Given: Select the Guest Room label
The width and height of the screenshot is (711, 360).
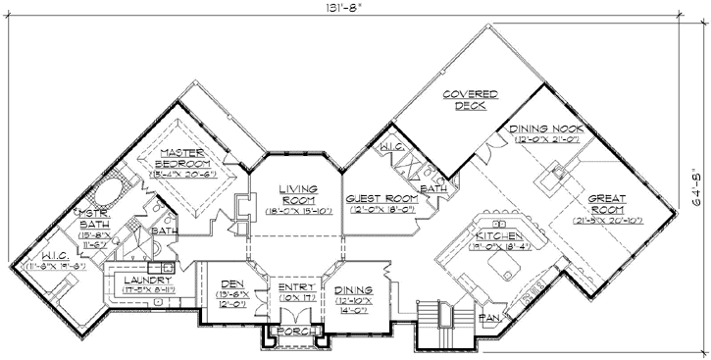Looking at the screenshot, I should [377, 199].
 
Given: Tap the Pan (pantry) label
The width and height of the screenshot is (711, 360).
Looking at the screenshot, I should [488, 319].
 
